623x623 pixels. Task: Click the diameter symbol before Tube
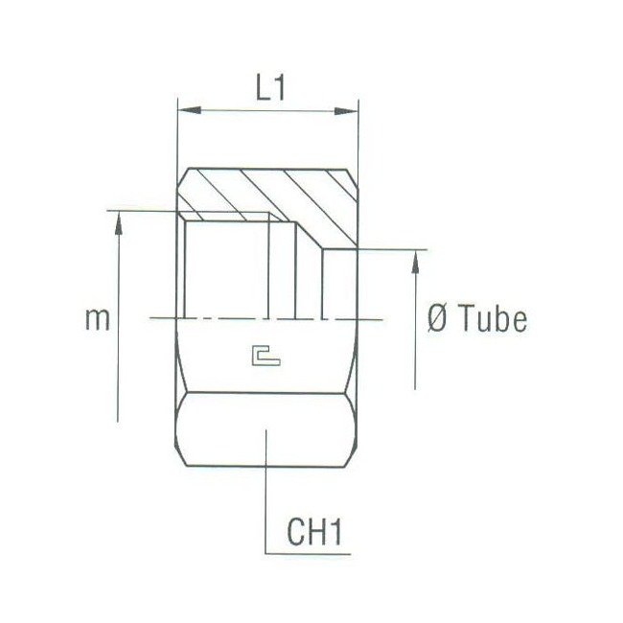[436, 320]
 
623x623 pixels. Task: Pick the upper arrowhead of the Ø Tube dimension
[418, 261]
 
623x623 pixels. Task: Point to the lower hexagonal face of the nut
[267, 431]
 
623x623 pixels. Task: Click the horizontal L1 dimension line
[267, 111]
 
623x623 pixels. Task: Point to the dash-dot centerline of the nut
[240, 317]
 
